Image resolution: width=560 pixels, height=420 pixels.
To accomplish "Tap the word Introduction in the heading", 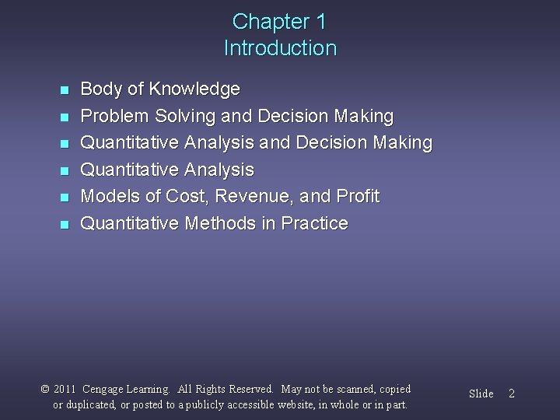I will pyautogui.click(x=280, y=48).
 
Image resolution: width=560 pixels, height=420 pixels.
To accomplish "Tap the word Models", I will pyautogui.click(x=110, y=197).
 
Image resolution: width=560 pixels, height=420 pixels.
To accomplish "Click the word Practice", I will pyautogui.click(x=314, y=224).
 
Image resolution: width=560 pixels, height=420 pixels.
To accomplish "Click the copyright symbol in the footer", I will pyautogui.click(x=45, y=389).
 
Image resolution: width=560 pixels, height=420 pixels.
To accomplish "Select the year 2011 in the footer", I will pyautogui.click(x=65, y=389).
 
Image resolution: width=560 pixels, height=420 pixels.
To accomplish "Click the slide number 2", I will pyautogui.click(x=511, y=394).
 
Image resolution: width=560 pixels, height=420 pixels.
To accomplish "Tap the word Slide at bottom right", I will pyautogui.click(x=481, y=394).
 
